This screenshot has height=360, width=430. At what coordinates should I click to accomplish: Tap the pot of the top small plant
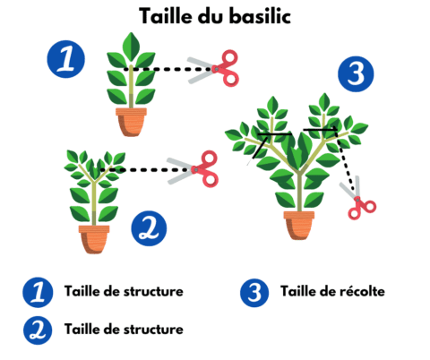pos(130,120)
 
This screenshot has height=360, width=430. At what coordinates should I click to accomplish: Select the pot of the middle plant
pos(94,238)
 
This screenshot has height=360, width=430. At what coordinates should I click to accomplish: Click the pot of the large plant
pos(300,224)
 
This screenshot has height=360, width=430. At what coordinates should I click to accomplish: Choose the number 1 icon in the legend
pos(37,292)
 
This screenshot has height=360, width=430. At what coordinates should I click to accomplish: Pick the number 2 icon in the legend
pos(37,329)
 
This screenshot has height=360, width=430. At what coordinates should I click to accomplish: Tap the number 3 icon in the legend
pos(254,292)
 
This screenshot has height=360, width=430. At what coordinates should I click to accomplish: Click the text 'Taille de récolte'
pos(332,291)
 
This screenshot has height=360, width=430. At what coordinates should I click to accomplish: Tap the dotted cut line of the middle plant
pos(143,167)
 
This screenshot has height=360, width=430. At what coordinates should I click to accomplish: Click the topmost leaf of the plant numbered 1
pos(132,43)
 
